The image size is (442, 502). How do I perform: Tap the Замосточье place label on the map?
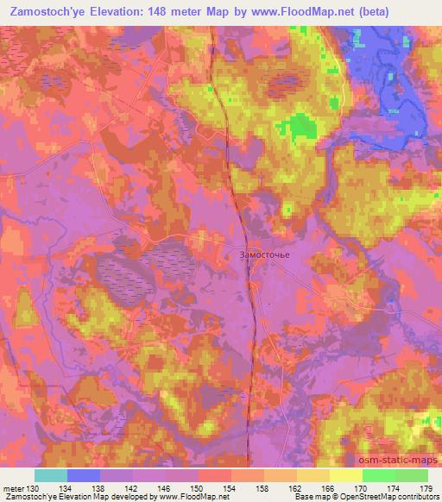[x=259, y=254]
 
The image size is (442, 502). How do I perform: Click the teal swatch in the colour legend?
[x=51, y=475]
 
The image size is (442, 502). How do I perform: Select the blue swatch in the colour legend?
[x=84, y=475]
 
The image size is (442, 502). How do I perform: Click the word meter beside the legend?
[x=12, y=487]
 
